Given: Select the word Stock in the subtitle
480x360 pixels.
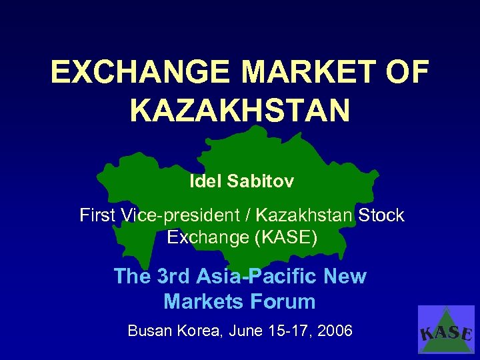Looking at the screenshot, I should (x=381, y=215).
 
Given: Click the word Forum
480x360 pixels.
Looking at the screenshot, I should (x=285, y=301).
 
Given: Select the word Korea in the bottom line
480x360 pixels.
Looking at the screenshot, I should (x=201, y=330).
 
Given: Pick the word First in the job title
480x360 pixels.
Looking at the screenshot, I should (x=97, y=215).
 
